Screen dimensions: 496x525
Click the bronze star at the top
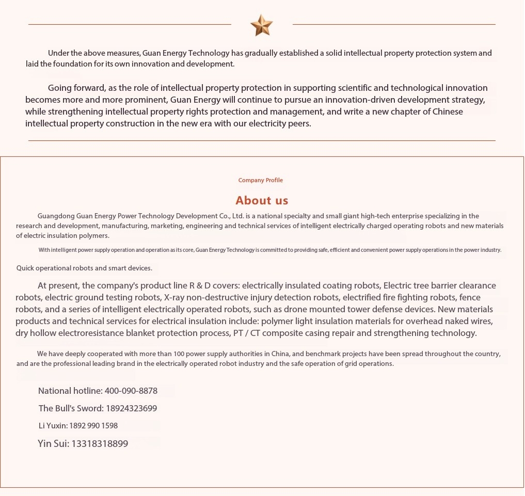click(261, 25)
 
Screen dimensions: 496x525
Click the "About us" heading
click(262, 200)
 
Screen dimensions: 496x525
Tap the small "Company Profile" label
click(261, 180)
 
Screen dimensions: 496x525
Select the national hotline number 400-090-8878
click(131, 391)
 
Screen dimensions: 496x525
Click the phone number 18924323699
click(131, 408)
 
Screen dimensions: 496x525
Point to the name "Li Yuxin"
click(53, 426)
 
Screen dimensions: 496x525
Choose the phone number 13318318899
click(100, 443)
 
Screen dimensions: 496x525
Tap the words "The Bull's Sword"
click(71, 408)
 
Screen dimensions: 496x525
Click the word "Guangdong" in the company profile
click(56, 216)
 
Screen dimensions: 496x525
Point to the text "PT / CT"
click(246, 333)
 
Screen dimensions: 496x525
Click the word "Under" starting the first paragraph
click(58, 53)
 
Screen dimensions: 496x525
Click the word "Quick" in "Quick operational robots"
click(26, 268)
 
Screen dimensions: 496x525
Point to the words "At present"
click(57, 285)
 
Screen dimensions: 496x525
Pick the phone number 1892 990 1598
click(93, 426)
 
